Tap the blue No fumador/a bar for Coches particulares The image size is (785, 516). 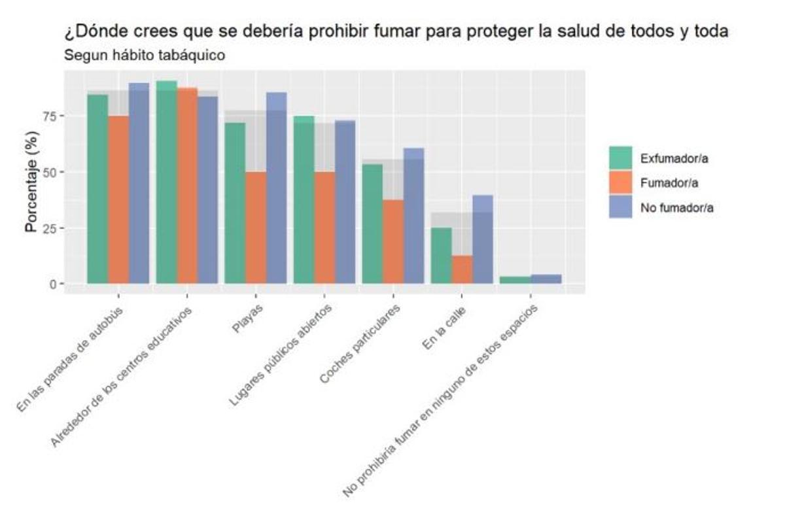pos(413,216)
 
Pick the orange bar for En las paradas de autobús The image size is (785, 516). pos(118,199)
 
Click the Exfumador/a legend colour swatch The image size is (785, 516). pos(620,158)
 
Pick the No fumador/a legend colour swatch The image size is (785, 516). pos(620,207)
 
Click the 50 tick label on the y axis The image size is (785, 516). pos(49,172)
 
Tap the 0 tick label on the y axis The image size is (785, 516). pos(52,284)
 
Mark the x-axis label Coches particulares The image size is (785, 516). pos(359,343)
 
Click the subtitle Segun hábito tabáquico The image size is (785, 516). pos(145,56)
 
